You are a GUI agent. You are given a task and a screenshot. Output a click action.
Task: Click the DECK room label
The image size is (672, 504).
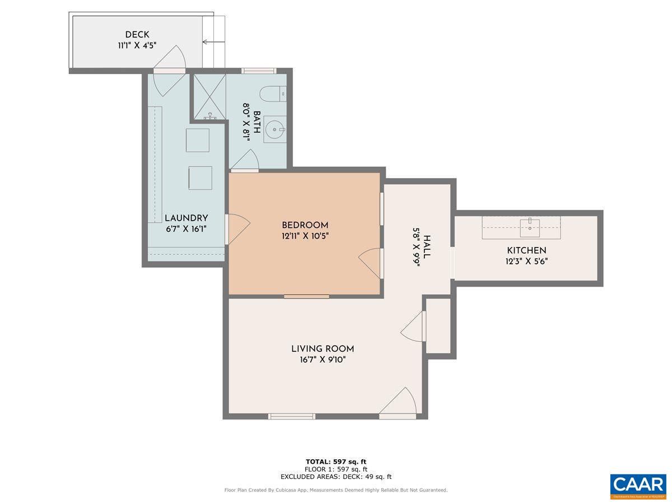tap(137, 35)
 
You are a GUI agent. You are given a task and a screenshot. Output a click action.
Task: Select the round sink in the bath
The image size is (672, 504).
tap(274, 129)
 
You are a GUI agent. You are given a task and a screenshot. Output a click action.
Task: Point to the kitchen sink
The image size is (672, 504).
tap(529, 226)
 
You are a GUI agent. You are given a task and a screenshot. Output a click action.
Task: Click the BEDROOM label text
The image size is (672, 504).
tap(305, 225)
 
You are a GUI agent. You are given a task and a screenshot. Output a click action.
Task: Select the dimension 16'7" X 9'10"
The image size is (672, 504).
tap(323, 360)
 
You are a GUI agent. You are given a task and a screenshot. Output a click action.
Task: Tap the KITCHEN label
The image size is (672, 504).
tap(526, 250)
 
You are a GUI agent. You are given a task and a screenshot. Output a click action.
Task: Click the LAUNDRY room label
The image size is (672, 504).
tap(186, 218)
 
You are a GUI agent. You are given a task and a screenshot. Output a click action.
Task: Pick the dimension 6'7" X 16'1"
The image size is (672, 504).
tap(186, 229)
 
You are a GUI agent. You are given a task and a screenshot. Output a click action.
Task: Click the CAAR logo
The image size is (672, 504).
tap(638, 485)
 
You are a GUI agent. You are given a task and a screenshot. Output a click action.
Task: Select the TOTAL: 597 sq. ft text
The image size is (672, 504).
tap(336, 461)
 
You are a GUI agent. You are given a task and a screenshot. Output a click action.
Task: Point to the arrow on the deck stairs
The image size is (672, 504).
tap(213, 41)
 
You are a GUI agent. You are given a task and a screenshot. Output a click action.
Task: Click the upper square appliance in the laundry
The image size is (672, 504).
tap(197, 140)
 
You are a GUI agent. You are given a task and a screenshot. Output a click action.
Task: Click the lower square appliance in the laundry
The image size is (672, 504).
tap(200, 178)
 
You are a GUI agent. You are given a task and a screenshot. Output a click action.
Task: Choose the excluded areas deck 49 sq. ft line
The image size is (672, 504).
tap(336, 477)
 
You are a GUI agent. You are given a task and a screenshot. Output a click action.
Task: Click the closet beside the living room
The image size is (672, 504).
tap(438, 325)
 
